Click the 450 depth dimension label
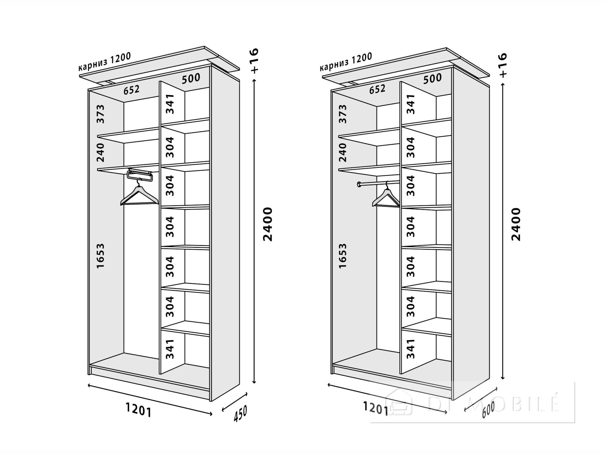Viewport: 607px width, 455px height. tap(240, 414)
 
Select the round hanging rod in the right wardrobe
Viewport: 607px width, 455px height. tap(378, 183)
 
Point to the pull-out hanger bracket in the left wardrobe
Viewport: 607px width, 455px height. tap(140, 175)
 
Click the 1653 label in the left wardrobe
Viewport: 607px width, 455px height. tap(100, 256)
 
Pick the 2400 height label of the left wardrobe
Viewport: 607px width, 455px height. tap(267, 224)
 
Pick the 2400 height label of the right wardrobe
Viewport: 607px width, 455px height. tap(516, 224)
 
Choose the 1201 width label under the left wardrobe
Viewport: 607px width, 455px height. tap(138, 410)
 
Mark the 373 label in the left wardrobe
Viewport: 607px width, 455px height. tap(100, 114)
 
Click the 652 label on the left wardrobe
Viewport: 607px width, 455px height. tap(132, 90)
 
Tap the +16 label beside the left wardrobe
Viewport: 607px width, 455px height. tap(254, 61)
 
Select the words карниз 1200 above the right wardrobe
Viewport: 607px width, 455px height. tap(346, 62)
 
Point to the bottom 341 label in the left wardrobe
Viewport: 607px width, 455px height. tap(170, 349)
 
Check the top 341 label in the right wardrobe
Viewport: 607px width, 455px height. tap(410, 104)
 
